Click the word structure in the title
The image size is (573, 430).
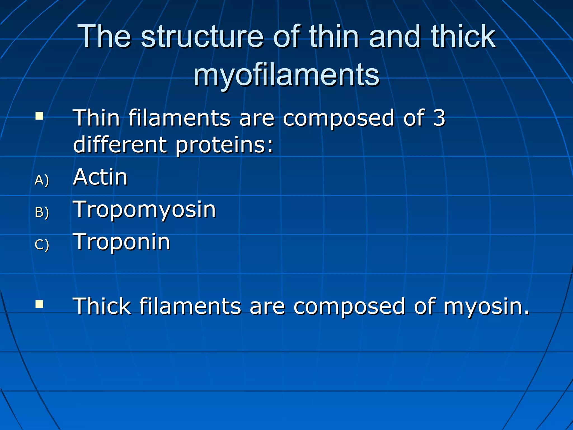point(202,36)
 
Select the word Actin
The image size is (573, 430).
point(100,177)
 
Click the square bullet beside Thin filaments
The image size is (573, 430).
point(39,116)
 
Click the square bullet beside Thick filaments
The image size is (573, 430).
point(39,304)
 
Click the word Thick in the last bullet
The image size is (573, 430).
point(102,306)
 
